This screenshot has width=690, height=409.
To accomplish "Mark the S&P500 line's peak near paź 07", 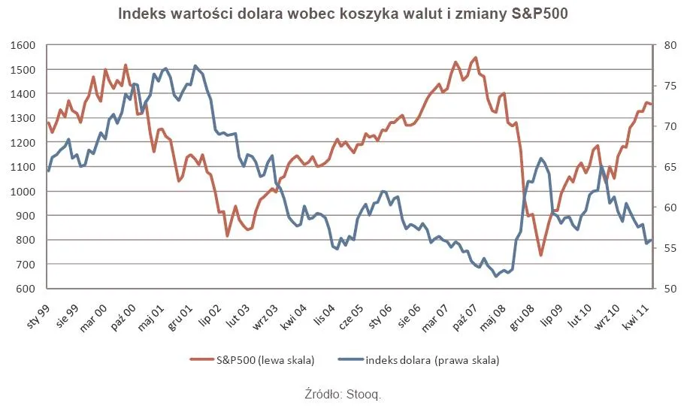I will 475,57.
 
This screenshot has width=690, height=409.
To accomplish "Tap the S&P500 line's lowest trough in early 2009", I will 540,256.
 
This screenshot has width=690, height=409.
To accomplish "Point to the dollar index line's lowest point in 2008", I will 496,276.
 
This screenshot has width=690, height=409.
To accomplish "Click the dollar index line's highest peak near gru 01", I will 195,66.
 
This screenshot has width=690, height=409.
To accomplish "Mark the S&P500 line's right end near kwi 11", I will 651,104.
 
